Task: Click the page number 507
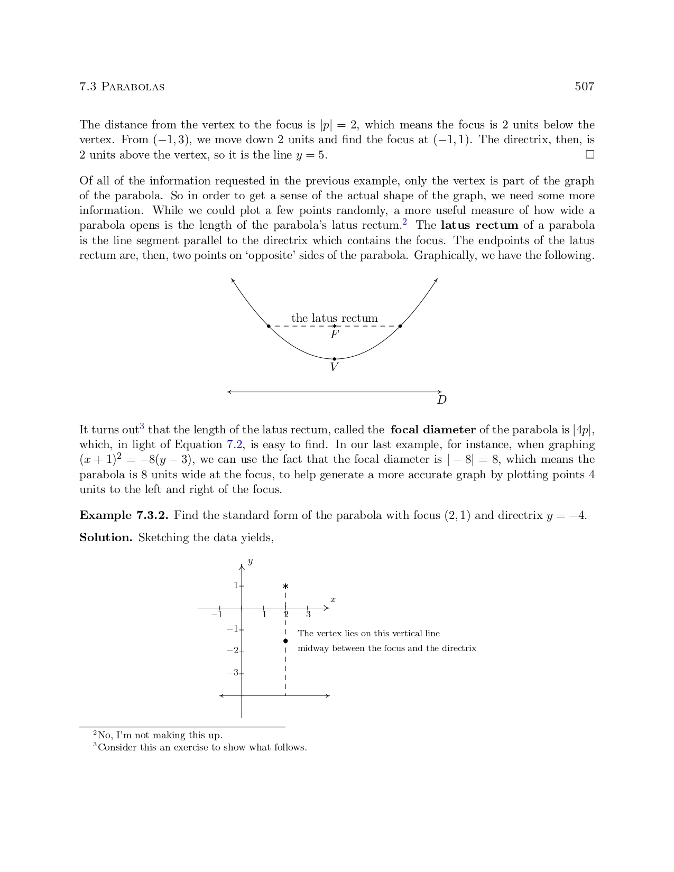(584, 87)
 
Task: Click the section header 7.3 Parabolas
(122, 87)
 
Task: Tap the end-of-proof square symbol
(590, 155)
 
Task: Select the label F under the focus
(335, 335)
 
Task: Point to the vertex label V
(334, 367)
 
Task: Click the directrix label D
(442, 400)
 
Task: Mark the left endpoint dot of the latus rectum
(269, 326)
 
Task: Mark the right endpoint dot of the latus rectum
(400, 326)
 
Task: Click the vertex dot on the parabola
(334, 359)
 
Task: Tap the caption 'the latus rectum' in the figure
(334, 318)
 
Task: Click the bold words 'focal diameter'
(433, 430)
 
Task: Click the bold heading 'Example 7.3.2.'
(124, 515)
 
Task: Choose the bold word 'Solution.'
(106, 537)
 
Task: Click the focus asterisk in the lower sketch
(285, 586)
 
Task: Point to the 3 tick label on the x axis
(308, 615)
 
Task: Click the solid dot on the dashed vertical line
(285, 641)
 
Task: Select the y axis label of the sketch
(250, 561)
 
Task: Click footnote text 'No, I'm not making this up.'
(160, 735)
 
